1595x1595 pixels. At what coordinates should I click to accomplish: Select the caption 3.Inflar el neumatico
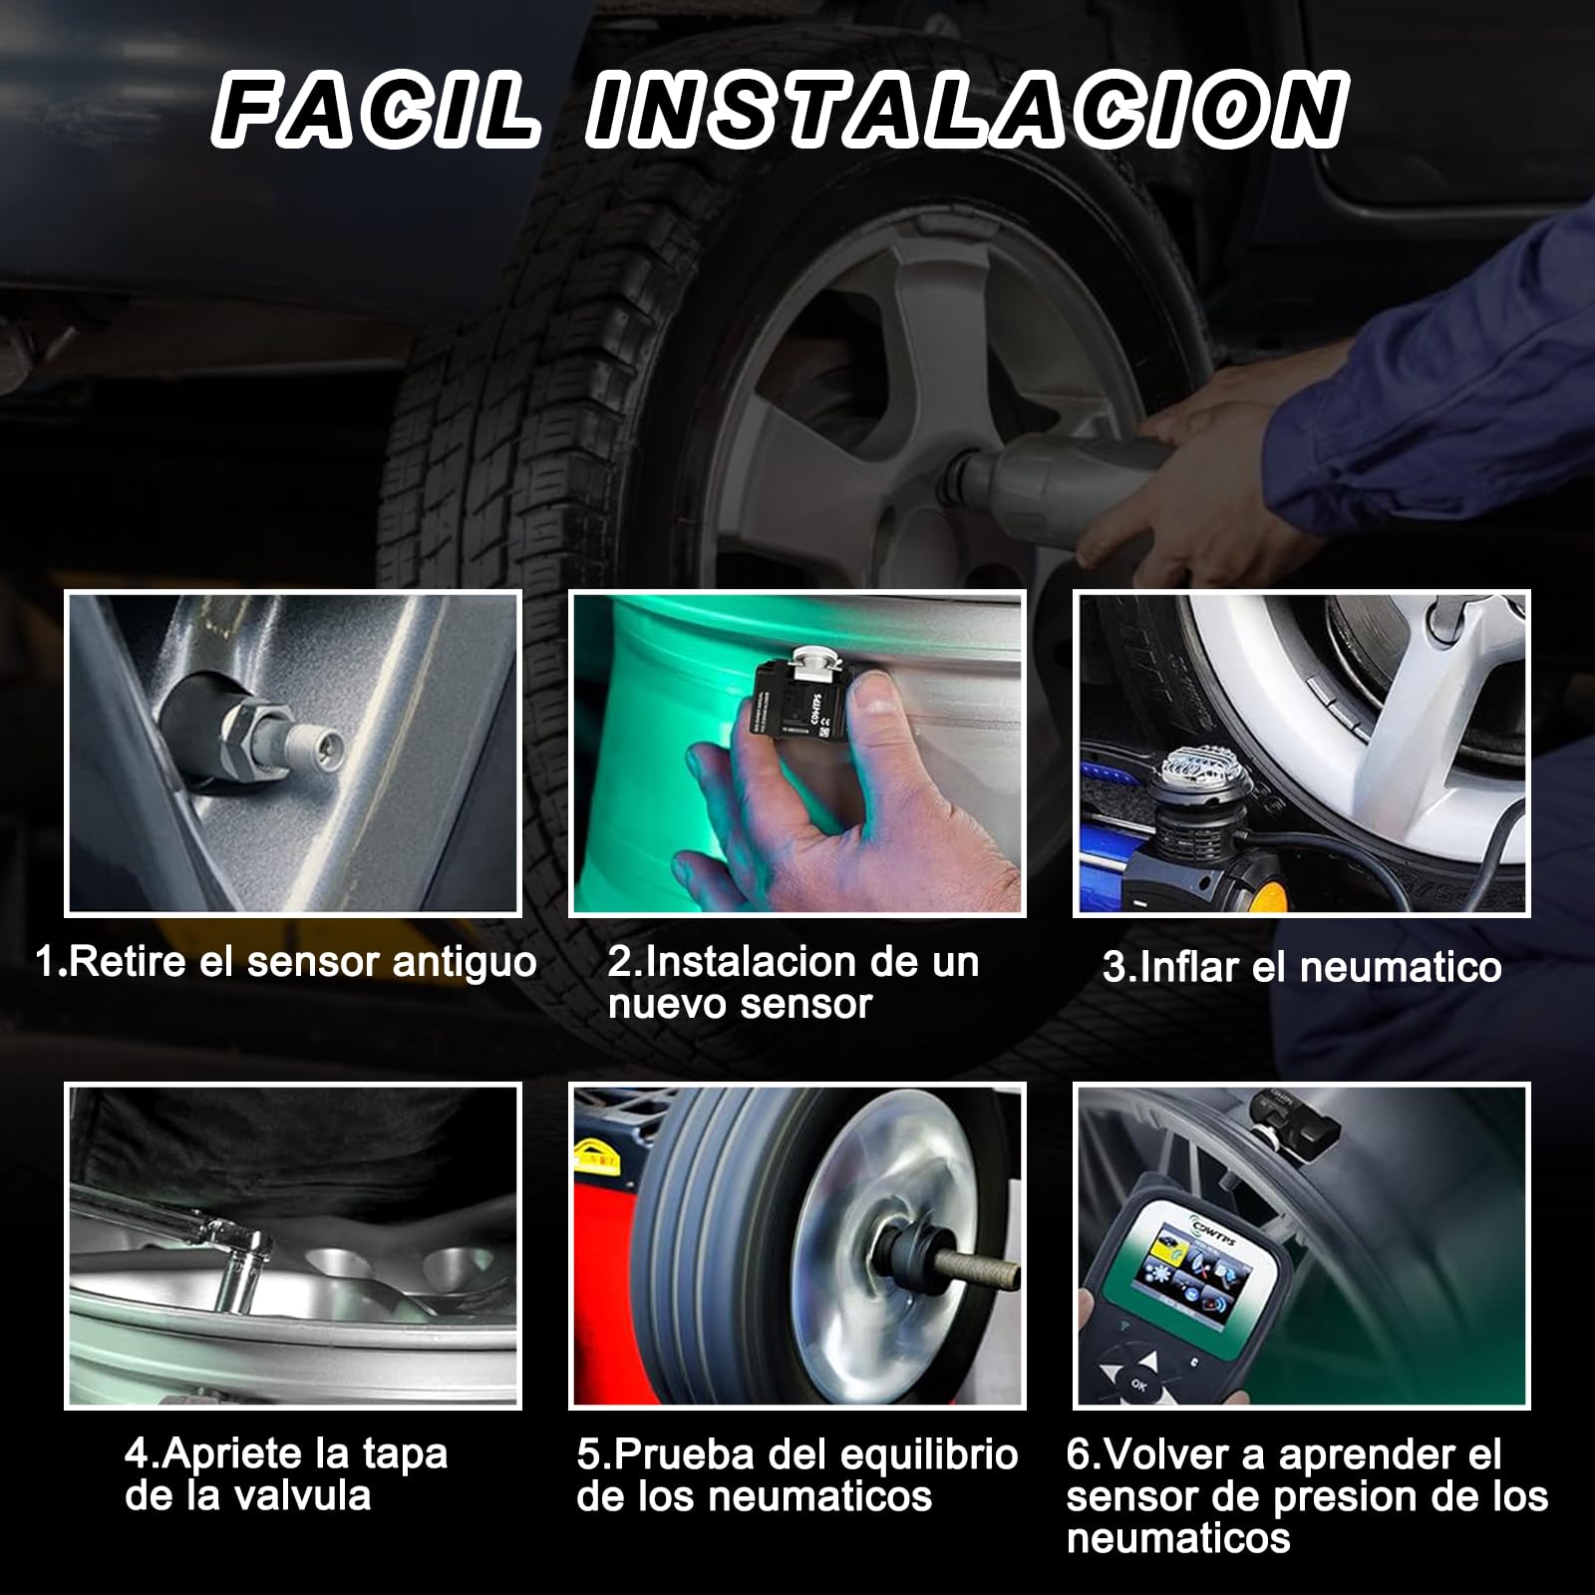click(x=1302, y=967)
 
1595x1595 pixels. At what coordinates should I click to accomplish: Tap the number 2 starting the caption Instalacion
click(x=620, y=962)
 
